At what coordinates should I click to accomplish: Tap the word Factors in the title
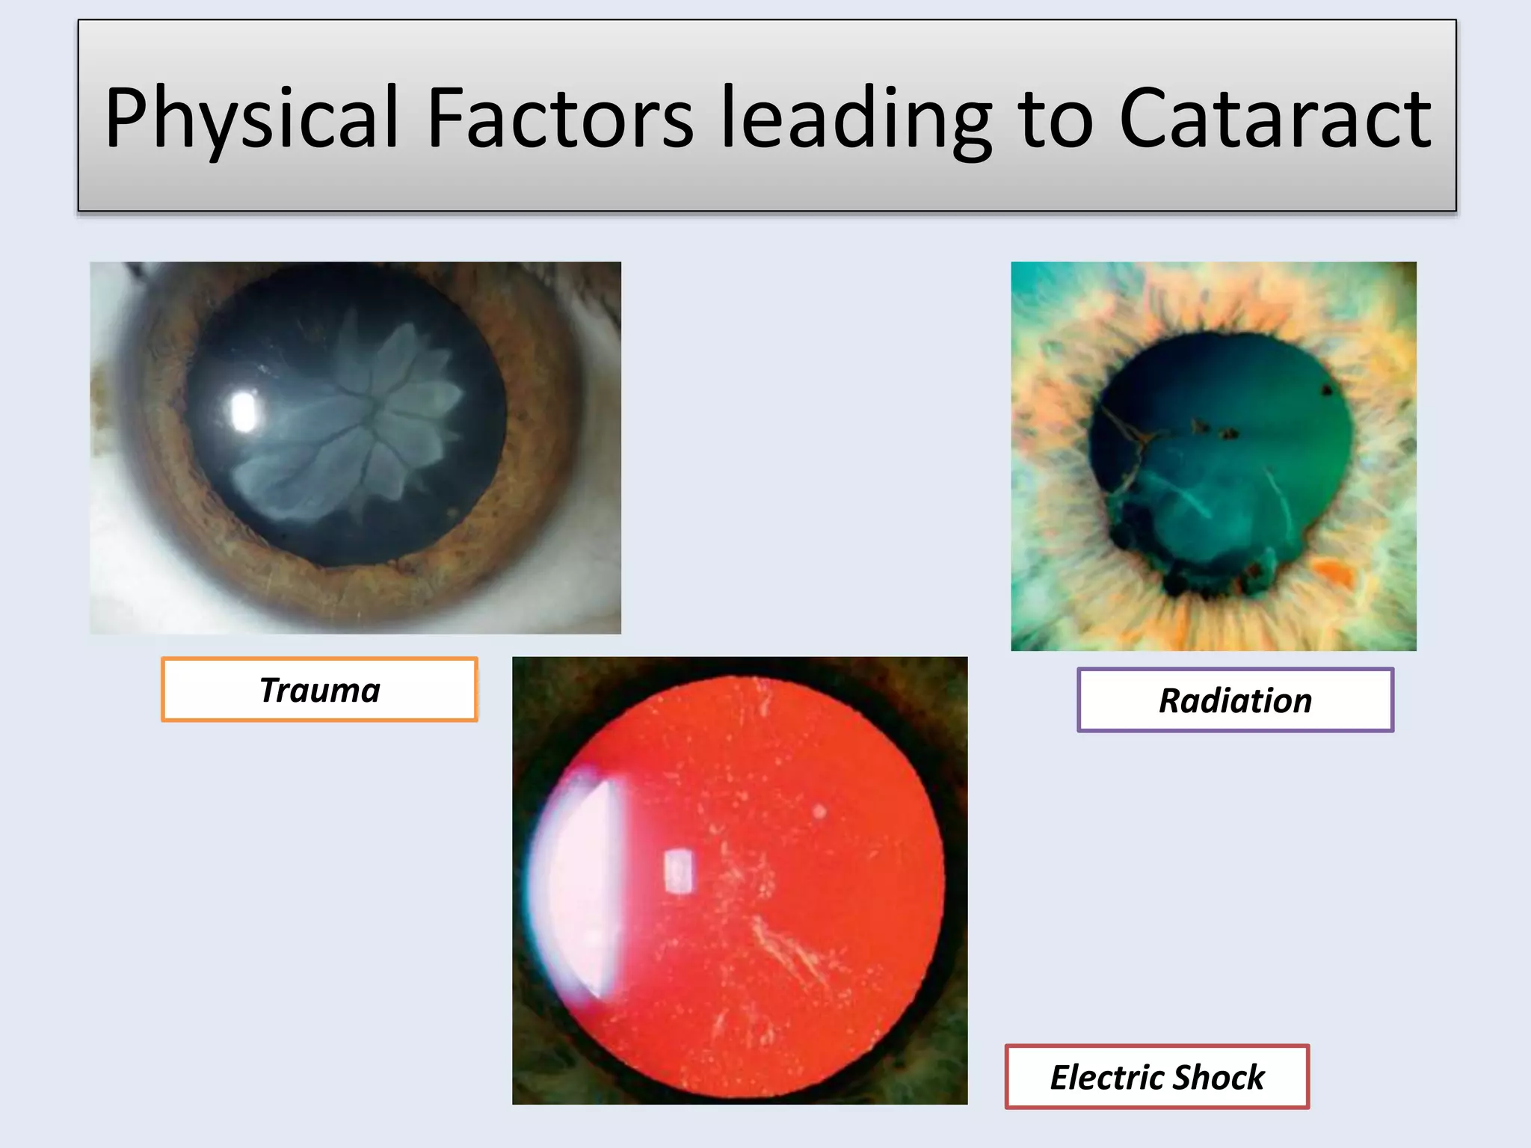560,118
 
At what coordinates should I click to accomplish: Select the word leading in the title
855,118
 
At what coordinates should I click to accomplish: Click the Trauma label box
319,689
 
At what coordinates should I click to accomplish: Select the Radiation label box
1235,700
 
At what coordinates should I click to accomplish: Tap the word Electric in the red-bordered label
1107,1077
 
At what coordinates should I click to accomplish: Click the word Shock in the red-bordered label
1219,1077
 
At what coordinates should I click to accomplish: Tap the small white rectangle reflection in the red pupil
678,871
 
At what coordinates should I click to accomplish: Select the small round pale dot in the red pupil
819,811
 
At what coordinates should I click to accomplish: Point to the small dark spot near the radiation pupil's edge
1327,389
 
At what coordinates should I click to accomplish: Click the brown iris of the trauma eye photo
538,478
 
